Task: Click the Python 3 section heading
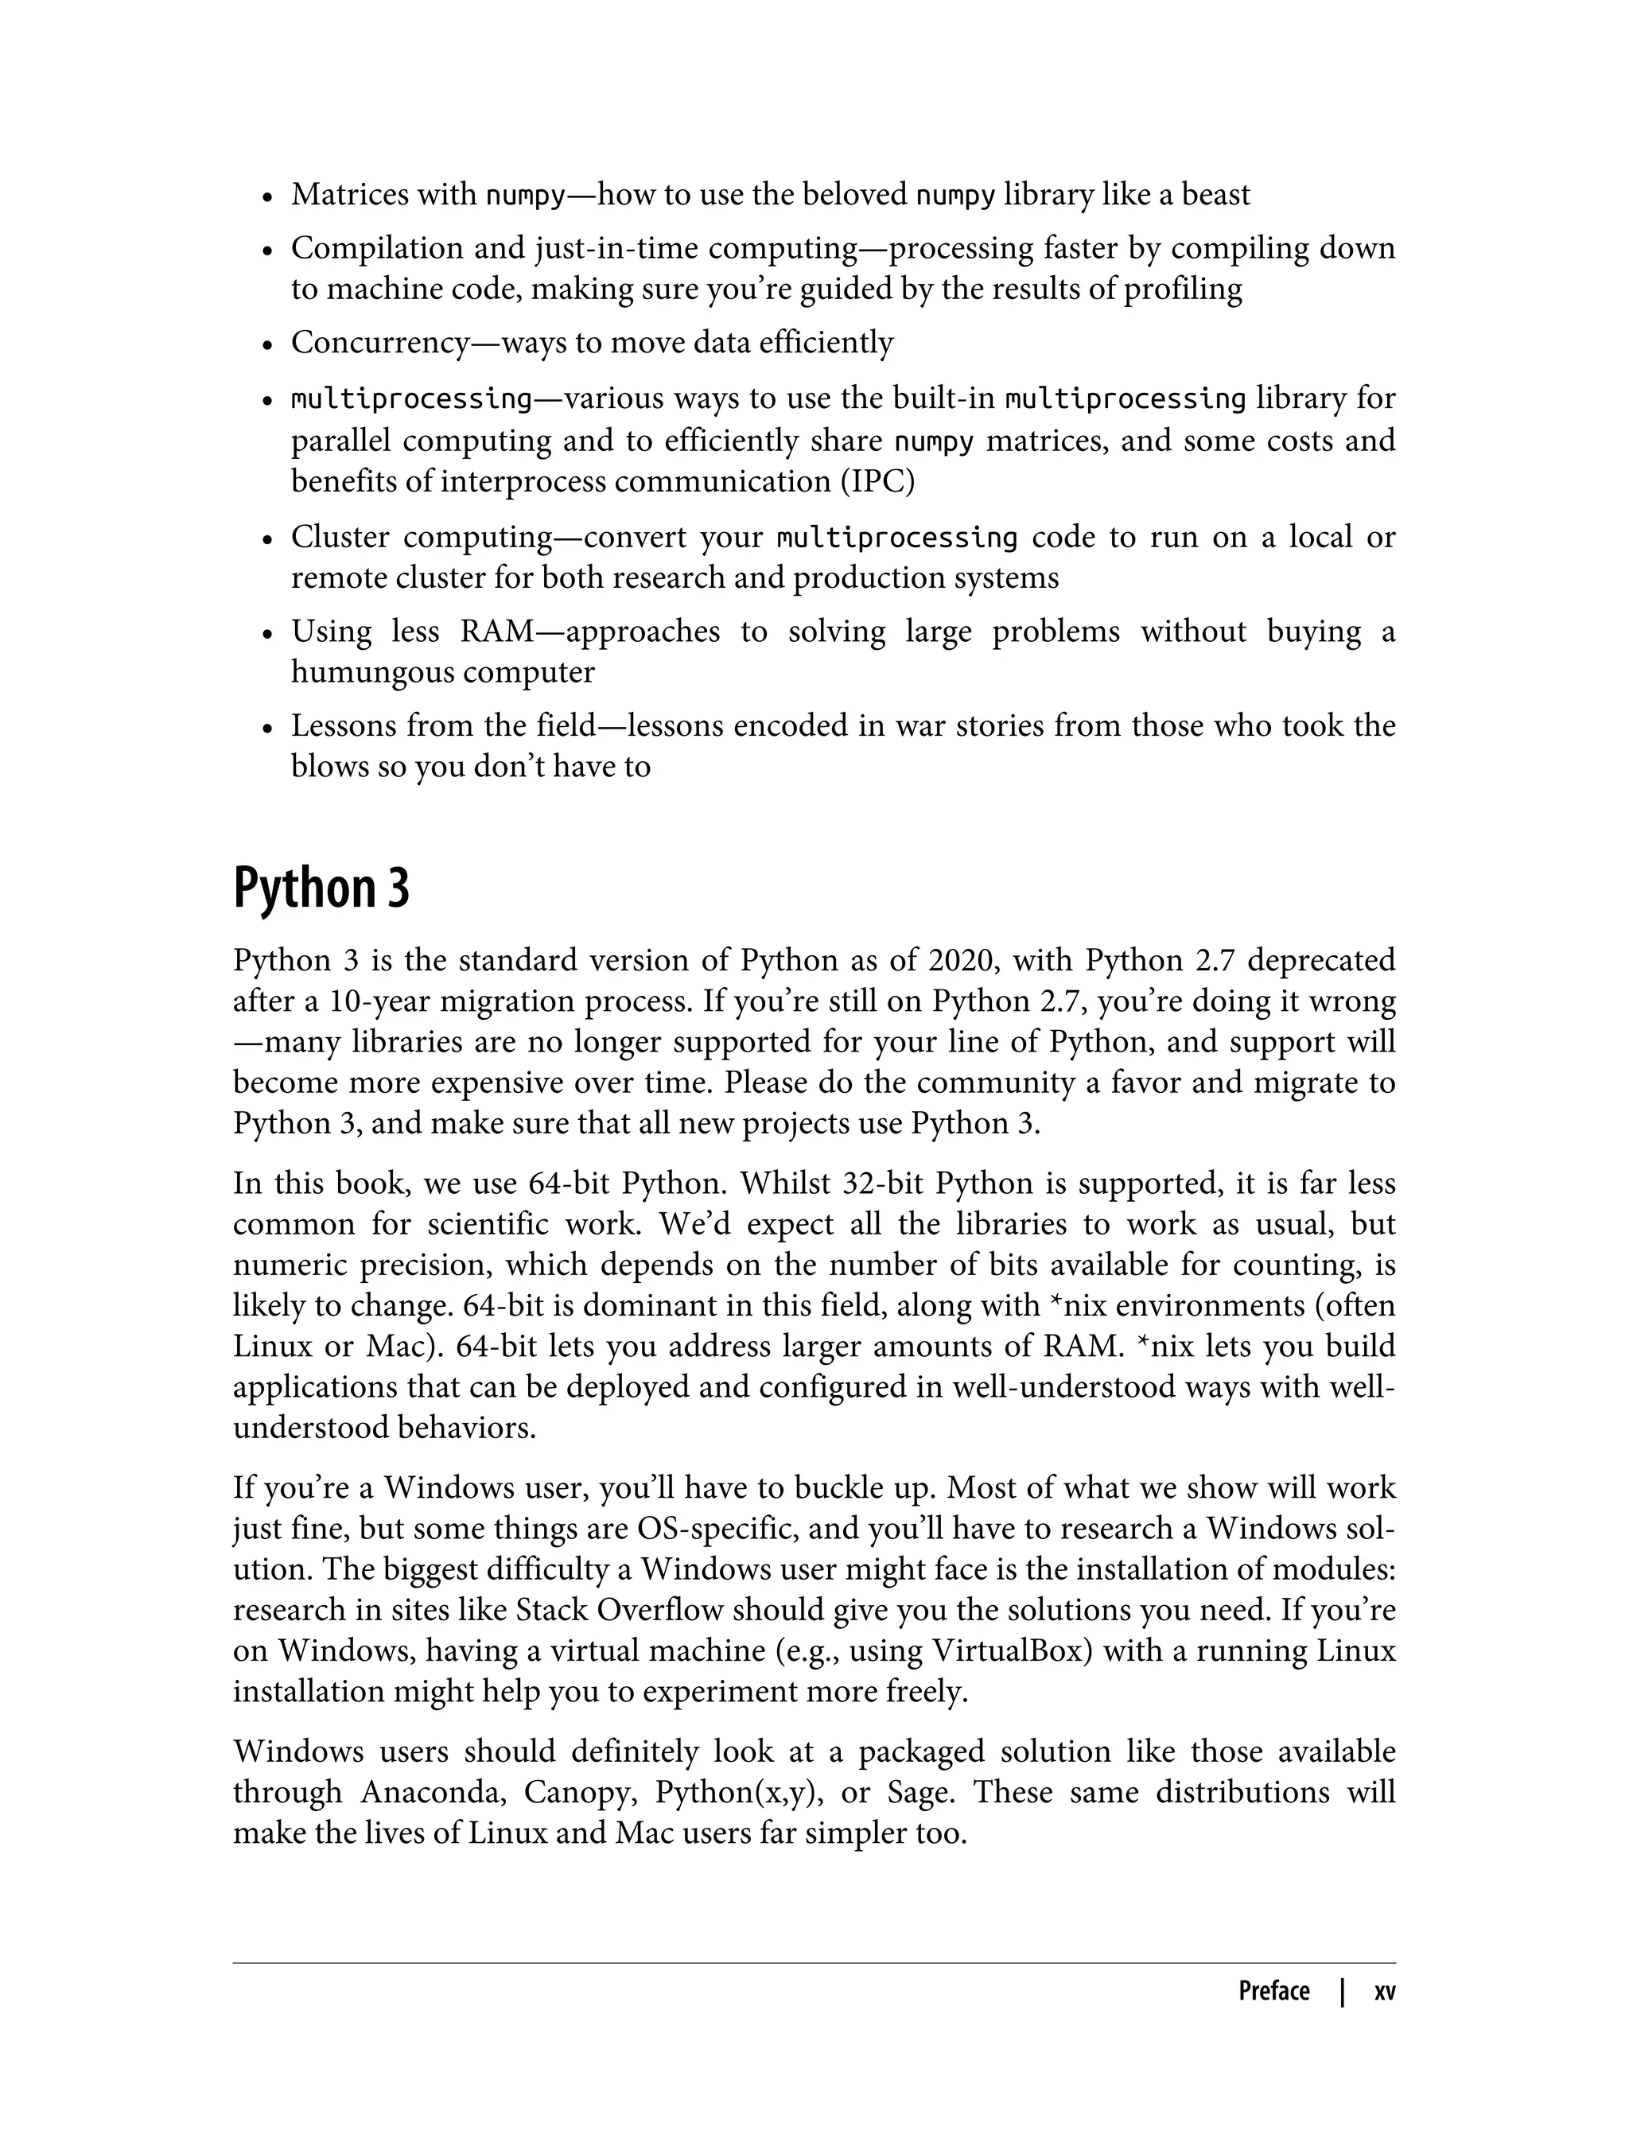321,887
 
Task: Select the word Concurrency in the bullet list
380,342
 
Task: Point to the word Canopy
580,1792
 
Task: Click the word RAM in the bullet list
496,632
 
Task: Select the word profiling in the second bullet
1182,289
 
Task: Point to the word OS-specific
717,1528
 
